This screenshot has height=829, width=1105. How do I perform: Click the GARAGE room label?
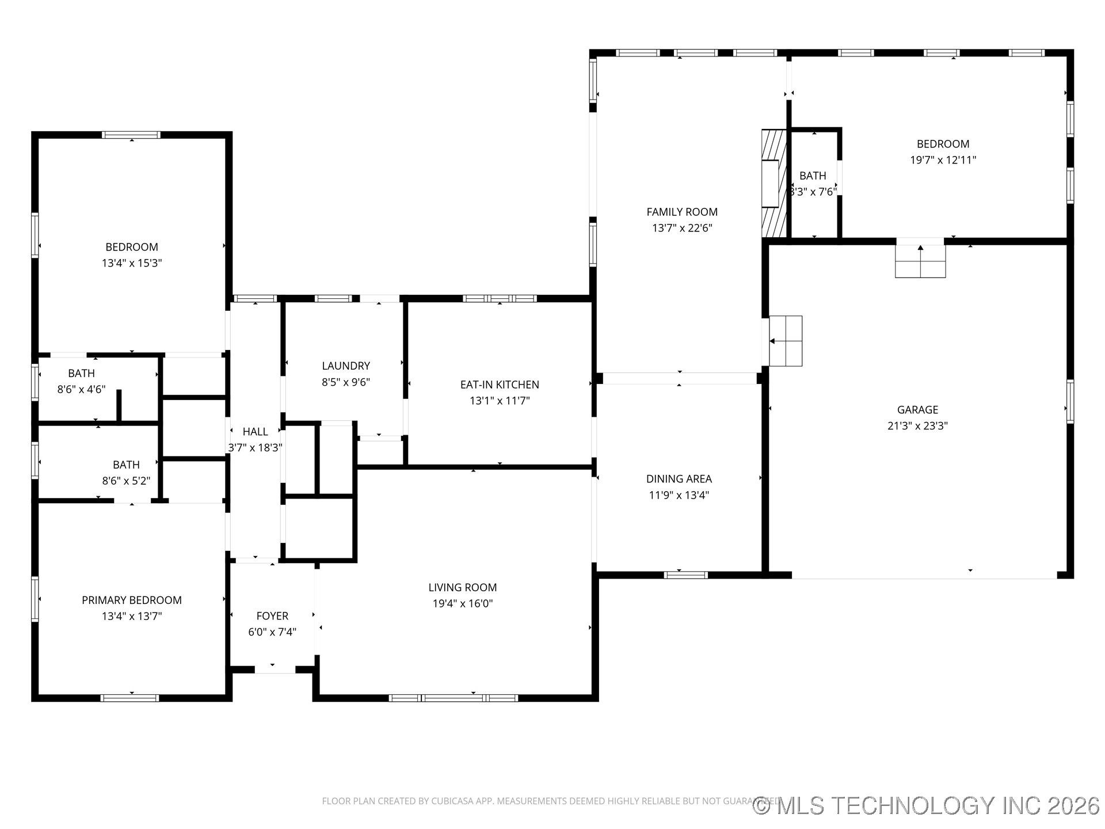(x=917, y=410)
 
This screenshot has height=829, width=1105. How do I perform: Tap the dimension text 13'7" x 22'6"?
(x=682, y=228)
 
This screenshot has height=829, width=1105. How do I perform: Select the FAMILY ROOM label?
(x=682, y=212)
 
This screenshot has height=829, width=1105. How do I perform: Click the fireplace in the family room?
(x=773, y=183)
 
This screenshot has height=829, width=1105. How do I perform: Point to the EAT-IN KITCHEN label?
(x=500, y=385)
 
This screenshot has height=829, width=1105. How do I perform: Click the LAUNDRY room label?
(x=346, y=366)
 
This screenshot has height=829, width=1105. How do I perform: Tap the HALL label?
(x=255, y=432)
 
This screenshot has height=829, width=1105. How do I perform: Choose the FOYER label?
(x=272, y=616)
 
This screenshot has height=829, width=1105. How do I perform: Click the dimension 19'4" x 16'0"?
(x=463, y=603)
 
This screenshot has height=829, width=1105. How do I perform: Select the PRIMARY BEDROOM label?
(x=132, y=600)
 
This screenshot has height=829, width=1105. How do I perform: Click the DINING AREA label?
(x=679, y=479)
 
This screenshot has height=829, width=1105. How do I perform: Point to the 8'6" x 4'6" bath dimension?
(x=81, y=389)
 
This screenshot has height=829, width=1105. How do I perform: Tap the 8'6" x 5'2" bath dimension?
(x=126, y=481)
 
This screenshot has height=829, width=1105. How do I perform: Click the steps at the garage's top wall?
(x=920, y=262)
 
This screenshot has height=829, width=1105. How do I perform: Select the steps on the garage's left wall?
(x=786, y=341)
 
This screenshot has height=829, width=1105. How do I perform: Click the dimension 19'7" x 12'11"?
(x=943, y=160)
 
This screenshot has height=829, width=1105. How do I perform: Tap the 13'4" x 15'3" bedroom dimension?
(x=132, y=263)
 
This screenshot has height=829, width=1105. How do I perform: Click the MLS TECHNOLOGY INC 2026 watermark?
(x=927, y=805)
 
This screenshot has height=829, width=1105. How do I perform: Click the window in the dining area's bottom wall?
(x=685, y=575)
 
